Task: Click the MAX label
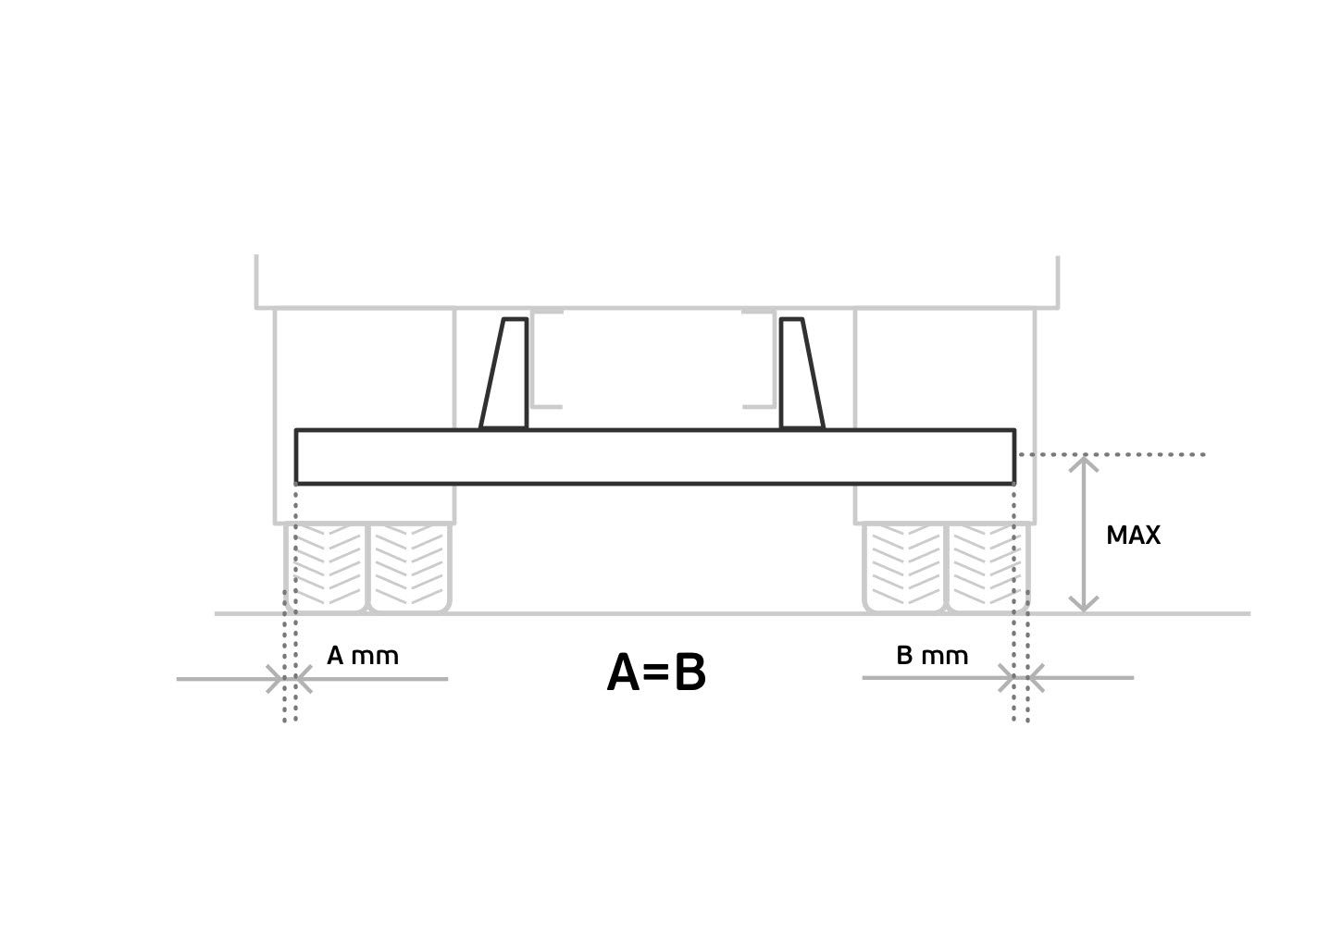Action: (x=1133, y=536)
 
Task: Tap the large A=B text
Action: (x=656, y=672)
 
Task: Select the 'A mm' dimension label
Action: (x=363, y=656)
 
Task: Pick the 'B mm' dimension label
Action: (x=932, y=656)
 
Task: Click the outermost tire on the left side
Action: (x=326, y=568)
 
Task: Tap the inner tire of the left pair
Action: (x=410, y=568)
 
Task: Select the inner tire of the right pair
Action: (x=904, y=568)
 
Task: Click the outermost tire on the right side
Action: (x=988, y=568)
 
